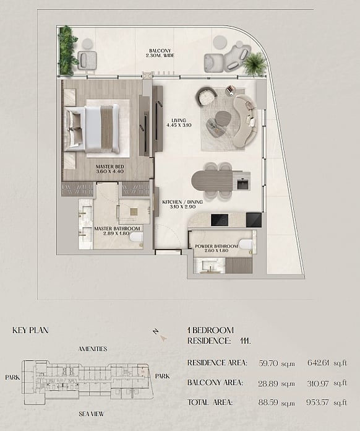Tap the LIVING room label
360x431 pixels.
[179, 120]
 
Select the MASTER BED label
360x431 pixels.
[110, 167]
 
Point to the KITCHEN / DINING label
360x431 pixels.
[182, 202]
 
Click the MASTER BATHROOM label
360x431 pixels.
[117, 229]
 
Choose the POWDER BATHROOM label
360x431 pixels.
[216, 246]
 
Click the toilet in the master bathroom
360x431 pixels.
[136, 238]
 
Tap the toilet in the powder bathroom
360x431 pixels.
[246, 244]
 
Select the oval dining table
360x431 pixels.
[212, 180]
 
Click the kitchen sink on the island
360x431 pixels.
[242, 184]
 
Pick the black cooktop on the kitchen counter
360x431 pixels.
[220, 220]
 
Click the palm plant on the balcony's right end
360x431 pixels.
[255, 64]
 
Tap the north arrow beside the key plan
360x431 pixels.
[163, 338]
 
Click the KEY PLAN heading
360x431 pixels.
[30, 330]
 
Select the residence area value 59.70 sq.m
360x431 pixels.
[276, 363]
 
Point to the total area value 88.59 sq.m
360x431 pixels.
[276, 403]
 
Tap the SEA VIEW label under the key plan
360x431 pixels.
[91, 414]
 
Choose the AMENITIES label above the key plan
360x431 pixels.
[93, 349]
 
